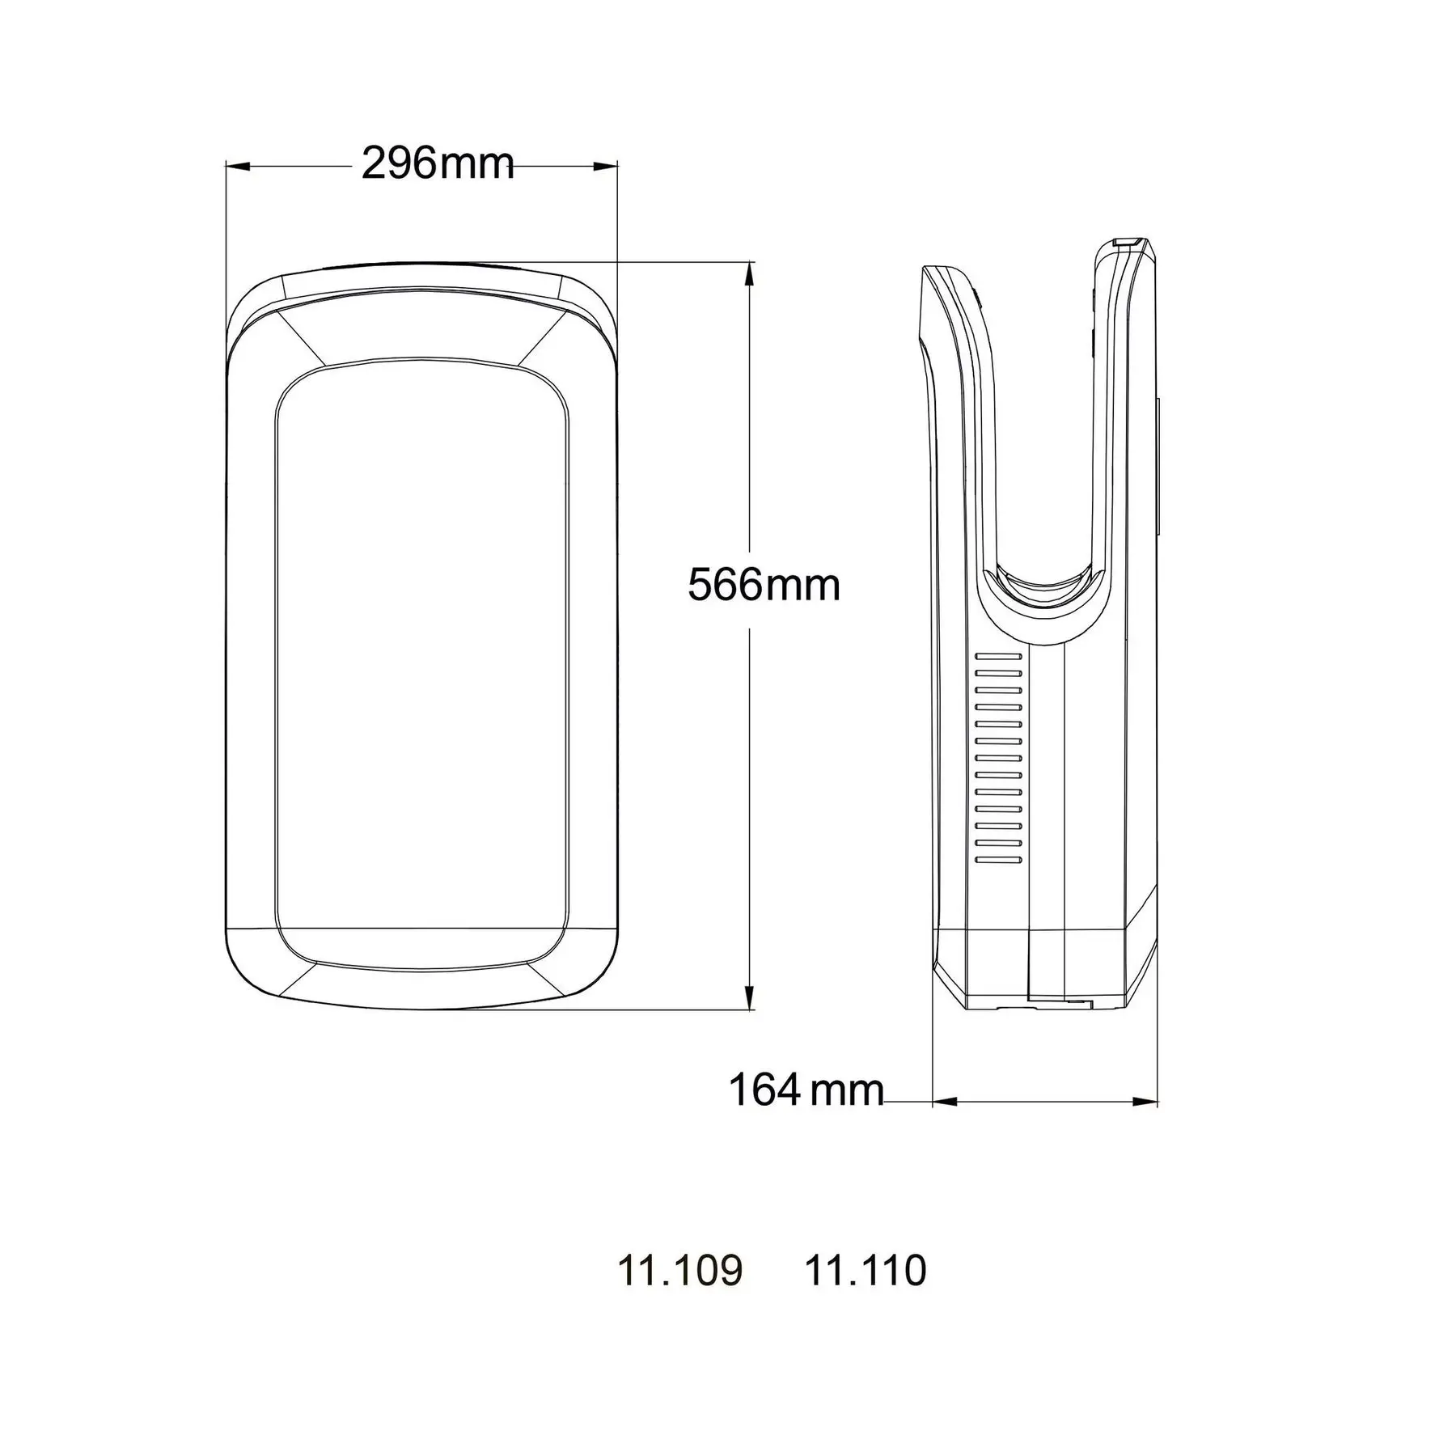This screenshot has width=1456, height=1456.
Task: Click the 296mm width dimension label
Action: [437, 164]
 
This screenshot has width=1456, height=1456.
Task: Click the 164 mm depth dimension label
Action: [806, 1090]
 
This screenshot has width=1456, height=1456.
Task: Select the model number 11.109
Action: [679, 1270]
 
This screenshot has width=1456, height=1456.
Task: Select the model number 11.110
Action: [865, 1270]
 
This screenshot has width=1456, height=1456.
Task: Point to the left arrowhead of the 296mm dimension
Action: [236, 167]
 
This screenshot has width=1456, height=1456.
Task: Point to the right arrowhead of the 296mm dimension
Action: [607, 167]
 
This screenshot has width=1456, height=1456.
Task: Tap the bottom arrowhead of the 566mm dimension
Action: [749, 998]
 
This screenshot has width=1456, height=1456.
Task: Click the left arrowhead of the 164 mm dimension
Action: [945, 1102]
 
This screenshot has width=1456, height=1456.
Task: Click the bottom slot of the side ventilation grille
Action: [999, 860]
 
